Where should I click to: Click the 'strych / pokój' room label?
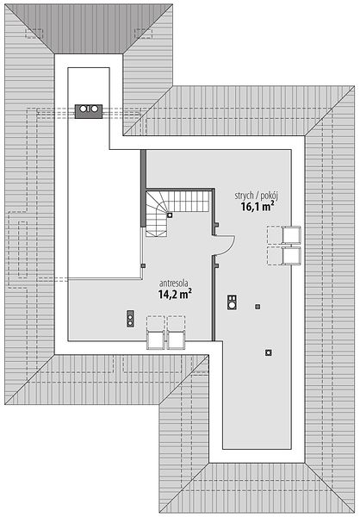[257, 196]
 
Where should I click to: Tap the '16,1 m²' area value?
[258, 207]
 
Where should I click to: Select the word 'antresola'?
[174, 283]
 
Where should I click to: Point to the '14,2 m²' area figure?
[175, 294]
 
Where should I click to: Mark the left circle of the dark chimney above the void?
[84, 109]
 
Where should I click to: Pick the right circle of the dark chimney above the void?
[94, 109]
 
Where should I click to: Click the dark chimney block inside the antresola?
[131, 319]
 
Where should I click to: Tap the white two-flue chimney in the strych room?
[232, 302]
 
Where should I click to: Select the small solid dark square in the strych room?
[258, 307]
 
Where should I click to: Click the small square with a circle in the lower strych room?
[269, 352]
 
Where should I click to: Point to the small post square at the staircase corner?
[170, 215]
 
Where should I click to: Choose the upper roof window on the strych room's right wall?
[291, 235]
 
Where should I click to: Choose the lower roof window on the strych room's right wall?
[291, 256]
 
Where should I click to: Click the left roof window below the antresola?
[155, 340]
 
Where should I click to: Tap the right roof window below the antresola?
[177, 340]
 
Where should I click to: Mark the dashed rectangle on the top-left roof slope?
[34, 34]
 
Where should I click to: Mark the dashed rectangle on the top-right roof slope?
[144, 34]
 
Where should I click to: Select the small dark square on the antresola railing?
[143, 265]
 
